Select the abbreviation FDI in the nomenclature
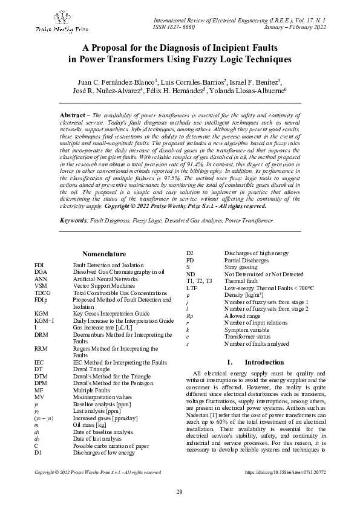[x=39, y=265]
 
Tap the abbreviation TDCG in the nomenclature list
[x=42, y=293]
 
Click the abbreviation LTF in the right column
[x=191, y=288]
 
